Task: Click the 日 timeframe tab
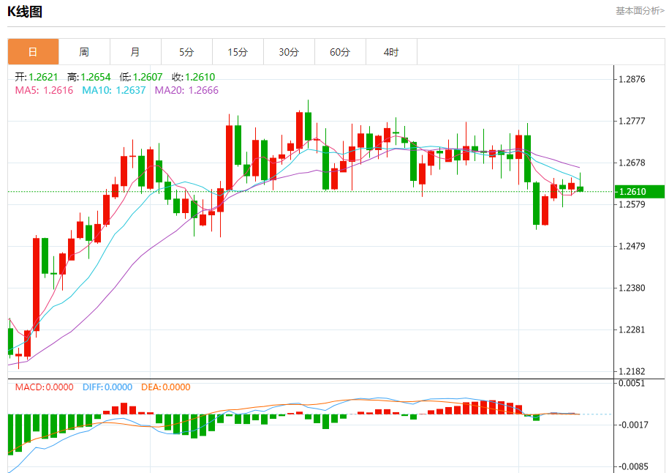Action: [x=33, y=52]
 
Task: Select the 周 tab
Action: [x=84, y=52]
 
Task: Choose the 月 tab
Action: [x=135, y=52]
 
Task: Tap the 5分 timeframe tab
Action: [x=186, y=52]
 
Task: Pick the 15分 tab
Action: [x=238, y=52]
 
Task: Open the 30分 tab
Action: [x=289, y=52]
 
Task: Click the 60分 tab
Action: [x=340, y=52]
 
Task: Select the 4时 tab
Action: [x=391, y=52]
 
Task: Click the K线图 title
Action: [x=25, y=11]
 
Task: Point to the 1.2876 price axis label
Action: [x=633, y=79]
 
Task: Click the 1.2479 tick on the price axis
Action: [x=633, y=246]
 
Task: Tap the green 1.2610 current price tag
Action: [x=638, y=192]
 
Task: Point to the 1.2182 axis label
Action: [x=633, y=372]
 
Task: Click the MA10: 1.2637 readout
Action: [x=114, y=90]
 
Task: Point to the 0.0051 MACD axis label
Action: [x=633, y=383]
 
